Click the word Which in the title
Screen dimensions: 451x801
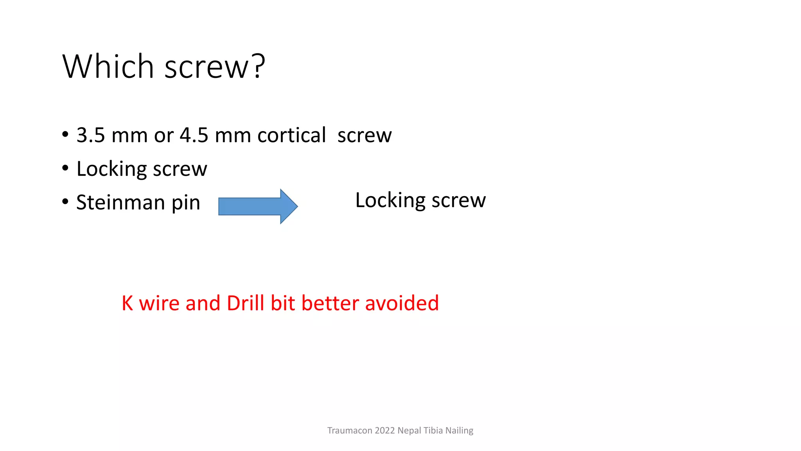point(108,67)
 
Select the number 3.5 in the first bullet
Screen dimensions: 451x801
point(91,135)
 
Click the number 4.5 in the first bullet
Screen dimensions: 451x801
point(194,135)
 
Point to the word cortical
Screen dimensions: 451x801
point(291,135)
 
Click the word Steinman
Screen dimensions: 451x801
point(120,203)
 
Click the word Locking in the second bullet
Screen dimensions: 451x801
point(111,169)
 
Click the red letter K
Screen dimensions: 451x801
point(128,303)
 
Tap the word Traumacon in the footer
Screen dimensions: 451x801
point(350,431)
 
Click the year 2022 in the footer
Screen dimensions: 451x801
point(385,431)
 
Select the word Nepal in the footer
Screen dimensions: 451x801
point(409,431)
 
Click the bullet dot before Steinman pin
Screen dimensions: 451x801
point(65,202)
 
